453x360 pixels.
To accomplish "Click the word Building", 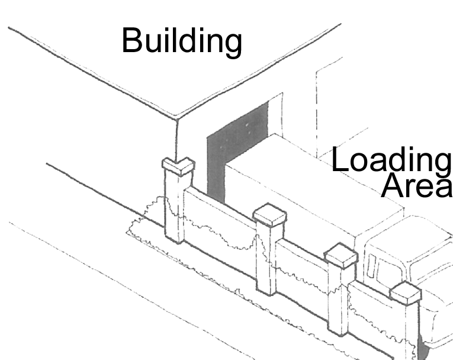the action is pos(182,41).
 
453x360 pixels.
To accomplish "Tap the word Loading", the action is pos(391,160).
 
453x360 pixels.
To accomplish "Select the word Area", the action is pos(416,186).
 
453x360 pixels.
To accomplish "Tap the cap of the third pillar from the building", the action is pos(342,256).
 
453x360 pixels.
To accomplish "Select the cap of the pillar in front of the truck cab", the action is pos(406,292).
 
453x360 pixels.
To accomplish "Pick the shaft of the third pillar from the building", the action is pos(338,299).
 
